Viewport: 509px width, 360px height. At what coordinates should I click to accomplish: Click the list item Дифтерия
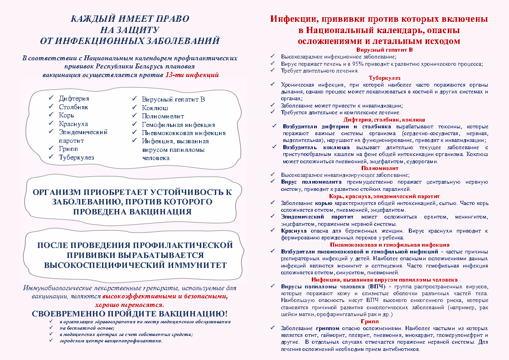point(74,98)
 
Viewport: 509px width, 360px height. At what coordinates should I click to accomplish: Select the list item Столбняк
point(73,107)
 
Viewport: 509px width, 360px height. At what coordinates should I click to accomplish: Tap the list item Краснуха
point(73,124)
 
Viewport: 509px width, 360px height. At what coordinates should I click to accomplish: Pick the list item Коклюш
point(155,108)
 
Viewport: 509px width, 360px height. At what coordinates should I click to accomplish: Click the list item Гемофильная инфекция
point(178,125)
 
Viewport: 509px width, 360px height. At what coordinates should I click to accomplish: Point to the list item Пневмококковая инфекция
point(184,133)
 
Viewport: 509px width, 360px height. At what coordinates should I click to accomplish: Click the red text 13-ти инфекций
point(192,74)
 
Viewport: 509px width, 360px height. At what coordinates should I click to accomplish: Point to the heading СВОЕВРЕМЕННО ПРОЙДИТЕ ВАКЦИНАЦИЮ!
point(129,314)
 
